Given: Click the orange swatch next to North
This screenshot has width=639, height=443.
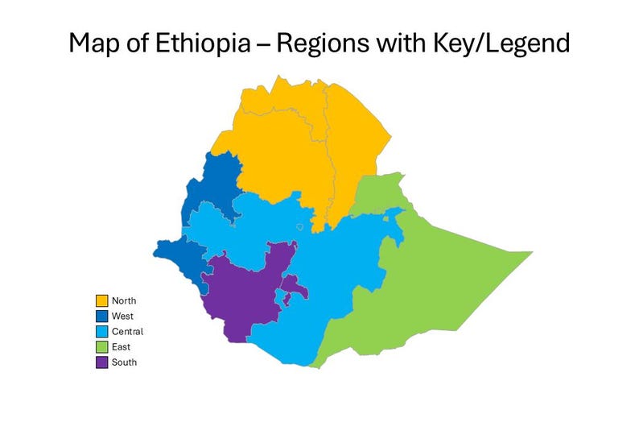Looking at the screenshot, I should coord(102,301).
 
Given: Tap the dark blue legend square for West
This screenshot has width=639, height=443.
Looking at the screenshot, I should coord(102,317).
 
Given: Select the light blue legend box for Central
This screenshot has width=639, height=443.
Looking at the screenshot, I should coord(102,332).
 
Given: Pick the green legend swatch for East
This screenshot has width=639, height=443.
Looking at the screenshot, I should coord(102,347).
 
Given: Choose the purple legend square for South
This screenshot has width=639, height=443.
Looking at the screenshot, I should coord(102,362).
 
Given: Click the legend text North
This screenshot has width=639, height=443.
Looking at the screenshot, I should coord(124,301).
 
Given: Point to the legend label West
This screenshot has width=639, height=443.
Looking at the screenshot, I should coord(123,317).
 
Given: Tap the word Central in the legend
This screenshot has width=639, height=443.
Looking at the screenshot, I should coord(128,332).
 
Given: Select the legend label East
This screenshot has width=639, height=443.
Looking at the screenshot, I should coord(122,347).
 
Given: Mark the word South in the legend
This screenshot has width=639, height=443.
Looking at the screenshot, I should coord(125,362).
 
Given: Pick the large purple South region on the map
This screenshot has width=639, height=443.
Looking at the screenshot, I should coord(241,294).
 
